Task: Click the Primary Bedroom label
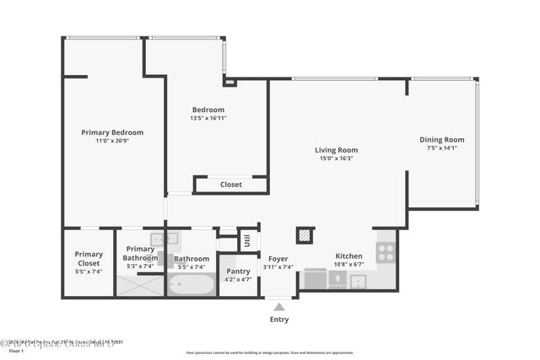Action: (112, 132)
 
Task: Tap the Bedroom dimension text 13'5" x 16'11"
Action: (208, 118)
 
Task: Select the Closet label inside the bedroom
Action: (231, 185)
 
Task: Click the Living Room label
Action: (337, 150)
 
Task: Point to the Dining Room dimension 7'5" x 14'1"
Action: (442, 148)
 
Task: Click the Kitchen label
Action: (349, 255)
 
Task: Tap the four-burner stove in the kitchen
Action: (385, 250)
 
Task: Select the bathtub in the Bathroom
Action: (191, 284)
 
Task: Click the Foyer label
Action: (278, 259)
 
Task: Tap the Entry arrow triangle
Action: (278, 307)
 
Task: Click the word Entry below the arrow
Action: (278, 320)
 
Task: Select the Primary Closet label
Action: (89, 259)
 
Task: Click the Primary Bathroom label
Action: (140, 253)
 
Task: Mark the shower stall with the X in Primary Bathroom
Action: (140, 285)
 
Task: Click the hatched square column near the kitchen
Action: (305, 235)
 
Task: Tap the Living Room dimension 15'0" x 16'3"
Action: (337, 159)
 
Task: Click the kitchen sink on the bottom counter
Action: (358, 280)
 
